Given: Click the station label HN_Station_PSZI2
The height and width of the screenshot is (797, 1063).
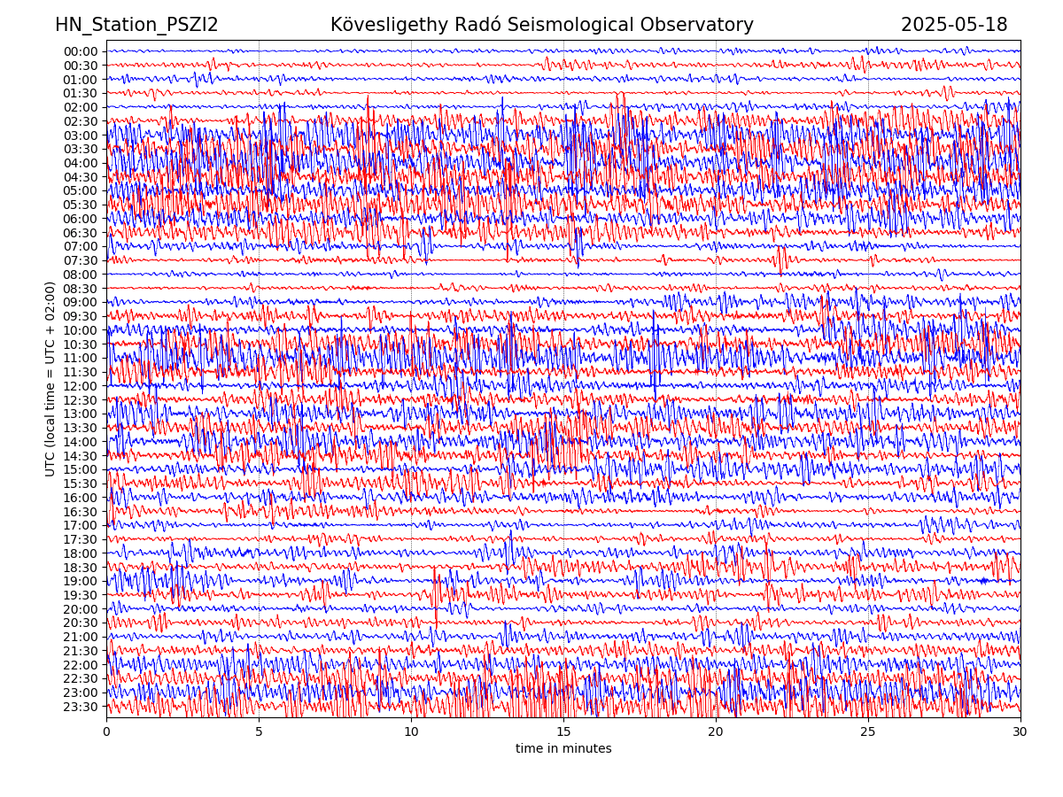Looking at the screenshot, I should pyautogui.click(x=136, y=25).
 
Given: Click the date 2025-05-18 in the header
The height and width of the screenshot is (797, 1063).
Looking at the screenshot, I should pyautogui.click(x=954, y=25).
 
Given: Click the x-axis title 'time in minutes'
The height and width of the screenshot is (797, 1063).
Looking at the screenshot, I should pyautogui.click(x=563, y=748).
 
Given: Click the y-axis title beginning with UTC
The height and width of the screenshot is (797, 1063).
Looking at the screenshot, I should pyautogui.click(x=50, y=378).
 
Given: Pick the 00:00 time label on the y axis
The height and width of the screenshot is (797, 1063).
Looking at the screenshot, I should pyautogui.click(x=81, y=51).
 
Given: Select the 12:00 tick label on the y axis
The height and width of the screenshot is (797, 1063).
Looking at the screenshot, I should pyautogui.click(x=81, y=386).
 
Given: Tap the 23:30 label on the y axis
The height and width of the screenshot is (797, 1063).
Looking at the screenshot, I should pyautogui.click(x=81, y=707).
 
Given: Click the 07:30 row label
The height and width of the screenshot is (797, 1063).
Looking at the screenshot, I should pyautogui.click(x=81, y=260).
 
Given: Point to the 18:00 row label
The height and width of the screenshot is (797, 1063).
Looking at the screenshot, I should pyautogui.click(x=81, y=553).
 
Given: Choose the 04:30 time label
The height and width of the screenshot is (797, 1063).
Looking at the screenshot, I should pyautogui.click(x=81, y=177).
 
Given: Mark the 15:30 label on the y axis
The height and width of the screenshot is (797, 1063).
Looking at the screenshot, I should pyautogui.click(x=81, y=484).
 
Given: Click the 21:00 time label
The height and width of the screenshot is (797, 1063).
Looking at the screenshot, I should pyautogui.click(x=81, y=637).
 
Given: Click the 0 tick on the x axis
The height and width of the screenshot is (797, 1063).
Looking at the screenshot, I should pyautogui.click(x=106, y=732).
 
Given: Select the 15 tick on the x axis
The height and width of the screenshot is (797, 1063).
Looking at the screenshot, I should pyautogui.click(x=563, y=732).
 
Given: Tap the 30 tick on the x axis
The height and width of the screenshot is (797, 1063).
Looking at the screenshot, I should pyautogui.click(x=1020, y=732).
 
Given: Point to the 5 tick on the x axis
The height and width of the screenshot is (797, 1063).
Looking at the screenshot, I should pyautogui.click(x=259, y=732).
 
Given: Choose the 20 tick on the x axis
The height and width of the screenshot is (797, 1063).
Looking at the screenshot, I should pyautogui.click(x=716, y=732).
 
